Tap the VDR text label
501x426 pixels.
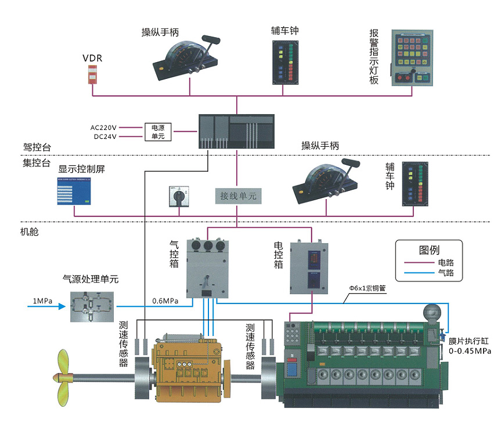tap(92, 58)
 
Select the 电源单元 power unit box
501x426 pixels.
tap(158, 132)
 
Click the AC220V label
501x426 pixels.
tap(104, 127)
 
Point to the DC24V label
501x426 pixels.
tap(104, 137)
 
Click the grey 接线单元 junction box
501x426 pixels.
tap(237, 196)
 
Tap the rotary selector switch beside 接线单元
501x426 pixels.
tap(174, 196)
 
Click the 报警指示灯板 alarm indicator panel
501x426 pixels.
tap(412, 58)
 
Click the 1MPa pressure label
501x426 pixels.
tap(42, 301)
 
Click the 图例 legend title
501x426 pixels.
tap(429, 250)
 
